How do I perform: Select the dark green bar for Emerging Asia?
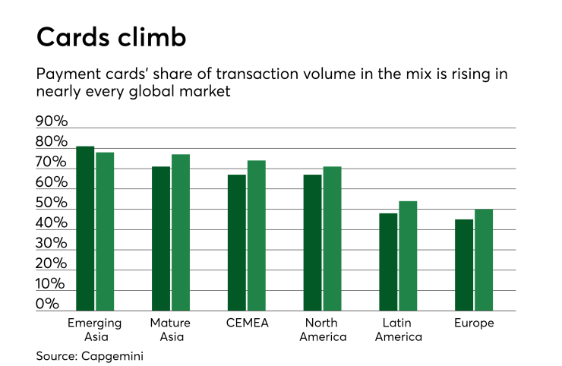point(85,228)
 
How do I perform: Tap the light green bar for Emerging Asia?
point(105,231)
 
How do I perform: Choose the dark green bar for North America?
point(313,242)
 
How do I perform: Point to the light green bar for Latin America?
point(409,256)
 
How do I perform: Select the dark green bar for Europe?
point(464,265)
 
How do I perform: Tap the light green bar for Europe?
point(485,260)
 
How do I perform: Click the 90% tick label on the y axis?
point(52,122)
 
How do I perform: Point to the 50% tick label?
point(52,204)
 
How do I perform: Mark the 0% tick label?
point(47,304)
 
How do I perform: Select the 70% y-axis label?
point(52,163)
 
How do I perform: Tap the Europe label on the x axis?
point(474,323)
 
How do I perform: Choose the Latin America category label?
point(399,330)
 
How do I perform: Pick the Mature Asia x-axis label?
point(171,330)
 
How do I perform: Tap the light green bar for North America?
point(333,238)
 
